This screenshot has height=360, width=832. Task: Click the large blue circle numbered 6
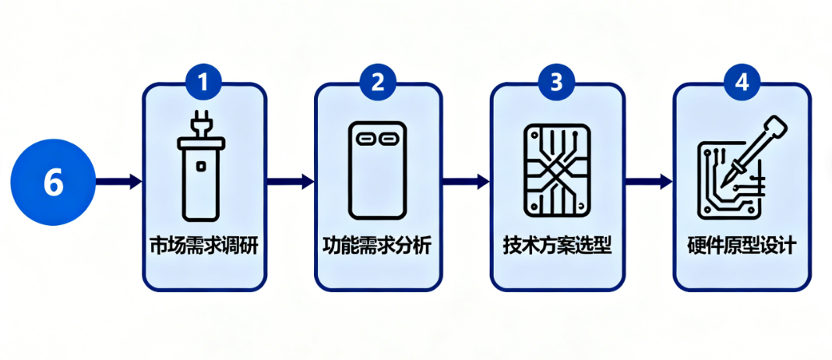pos(52,183)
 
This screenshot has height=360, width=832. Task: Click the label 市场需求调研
pos(203,247)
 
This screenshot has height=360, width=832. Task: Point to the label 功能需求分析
pos(377,247)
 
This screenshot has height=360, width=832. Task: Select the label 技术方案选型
pos(556,247)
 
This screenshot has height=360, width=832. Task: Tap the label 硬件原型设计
pos(742,247)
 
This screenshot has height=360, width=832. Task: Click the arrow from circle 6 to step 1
pos(118,182)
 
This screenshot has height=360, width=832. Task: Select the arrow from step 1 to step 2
pos(290,182)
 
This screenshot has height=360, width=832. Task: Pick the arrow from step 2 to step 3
pos(466,182)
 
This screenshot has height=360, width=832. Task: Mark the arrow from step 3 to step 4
pos(648,182)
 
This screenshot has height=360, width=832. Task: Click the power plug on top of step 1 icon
pos(202,125)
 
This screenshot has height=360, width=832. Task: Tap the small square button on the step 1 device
pos(202,165)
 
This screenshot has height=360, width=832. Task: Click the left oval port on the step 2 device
pos(365,137)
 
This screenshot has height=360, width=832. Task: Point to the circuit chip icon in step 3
pos(556,170)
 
